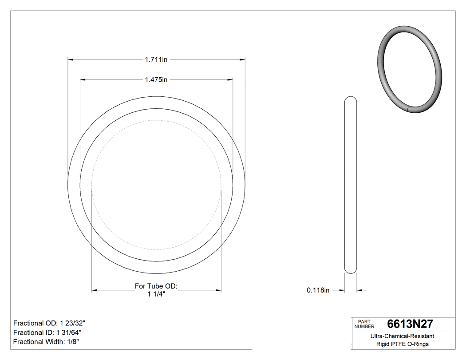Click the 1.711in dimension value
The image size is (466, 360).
point(156,59)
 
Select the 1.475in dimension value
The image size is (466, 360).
point(156,80)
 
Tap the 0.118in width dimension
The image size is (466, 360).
point(318,290)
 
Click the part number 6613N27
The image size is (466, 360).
point(410,324)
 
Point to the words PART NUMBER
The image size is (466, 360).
point(364,324)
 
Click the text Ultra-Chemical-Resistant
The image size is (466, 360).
point(402,336)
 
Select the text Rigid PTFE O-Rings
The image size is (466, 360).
point(402,344)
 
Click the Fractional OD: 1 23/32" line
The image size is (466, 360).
point(49,323)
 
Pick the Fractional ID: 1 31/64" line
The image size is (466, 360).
point(47,332)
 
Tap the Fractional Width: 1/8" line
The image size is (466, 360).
point(46,342)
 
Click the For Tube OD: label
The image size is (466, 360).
point(156,286)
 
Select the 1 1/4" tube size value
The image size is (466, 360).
point(156,294)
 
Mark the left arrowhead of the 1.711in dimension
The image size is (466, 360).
point(70,59)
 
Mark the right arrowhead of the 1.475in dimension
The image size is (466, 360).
point(230,80)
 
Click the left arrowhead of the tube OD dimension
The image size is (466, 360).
point(94,290)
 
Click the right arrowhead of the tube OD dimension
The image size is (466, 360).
point(218,290)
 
